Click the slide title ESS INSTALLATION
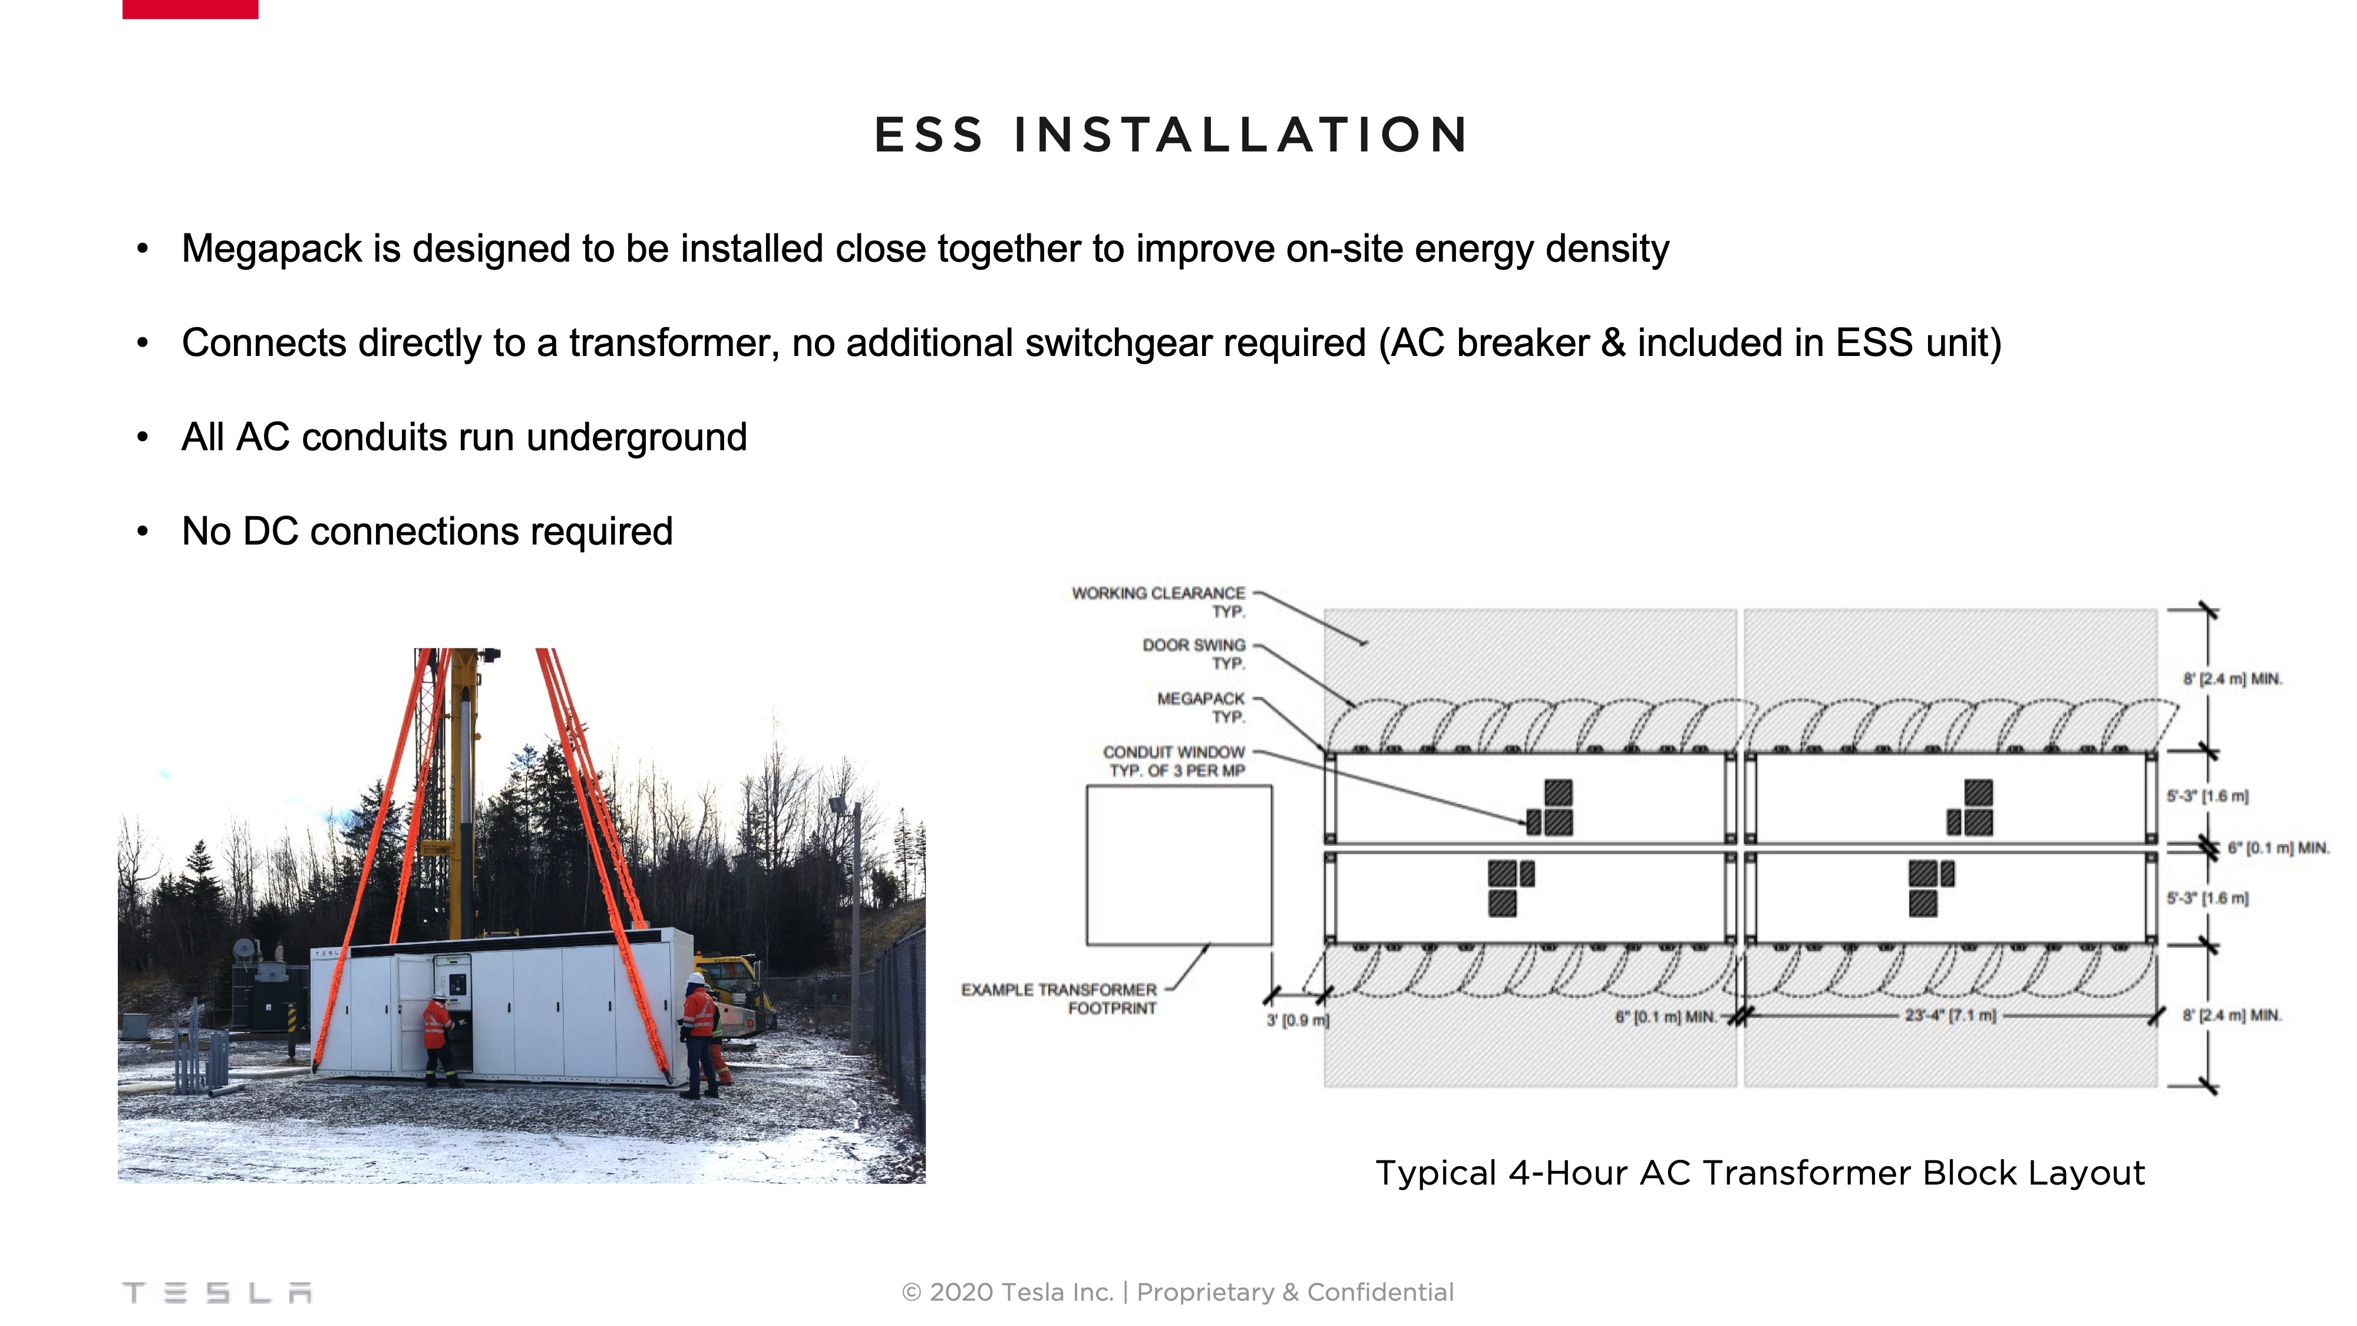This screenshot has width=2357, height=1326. click(x=1172, y=136)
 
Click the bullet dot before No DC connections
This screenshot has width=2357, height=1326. click(x=143, y=532)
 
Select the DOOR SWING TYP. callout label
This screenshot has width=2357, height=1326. click(x=1194, y=654)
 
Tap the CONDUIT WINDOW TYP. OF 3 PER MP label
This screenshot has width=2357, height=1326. click(x=1174, y=760)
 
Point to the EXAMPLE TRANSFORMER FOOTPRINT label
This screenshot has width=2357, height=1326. click(x=1059, y=998)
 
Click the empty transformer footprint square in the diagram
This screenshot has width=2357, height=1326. click(x=1178, y=865)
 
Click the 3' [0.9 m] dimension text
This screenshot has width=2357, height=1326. click(x=1298, y=1020)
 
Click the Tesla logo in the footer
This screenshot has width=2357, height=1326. click(x=217, y=1292)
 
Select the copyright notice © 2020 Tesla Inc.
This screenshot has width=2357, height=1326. click(x=1006, y=1292)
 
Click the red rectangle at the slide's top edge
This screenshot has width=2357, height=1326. click(x=190, y=9)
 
